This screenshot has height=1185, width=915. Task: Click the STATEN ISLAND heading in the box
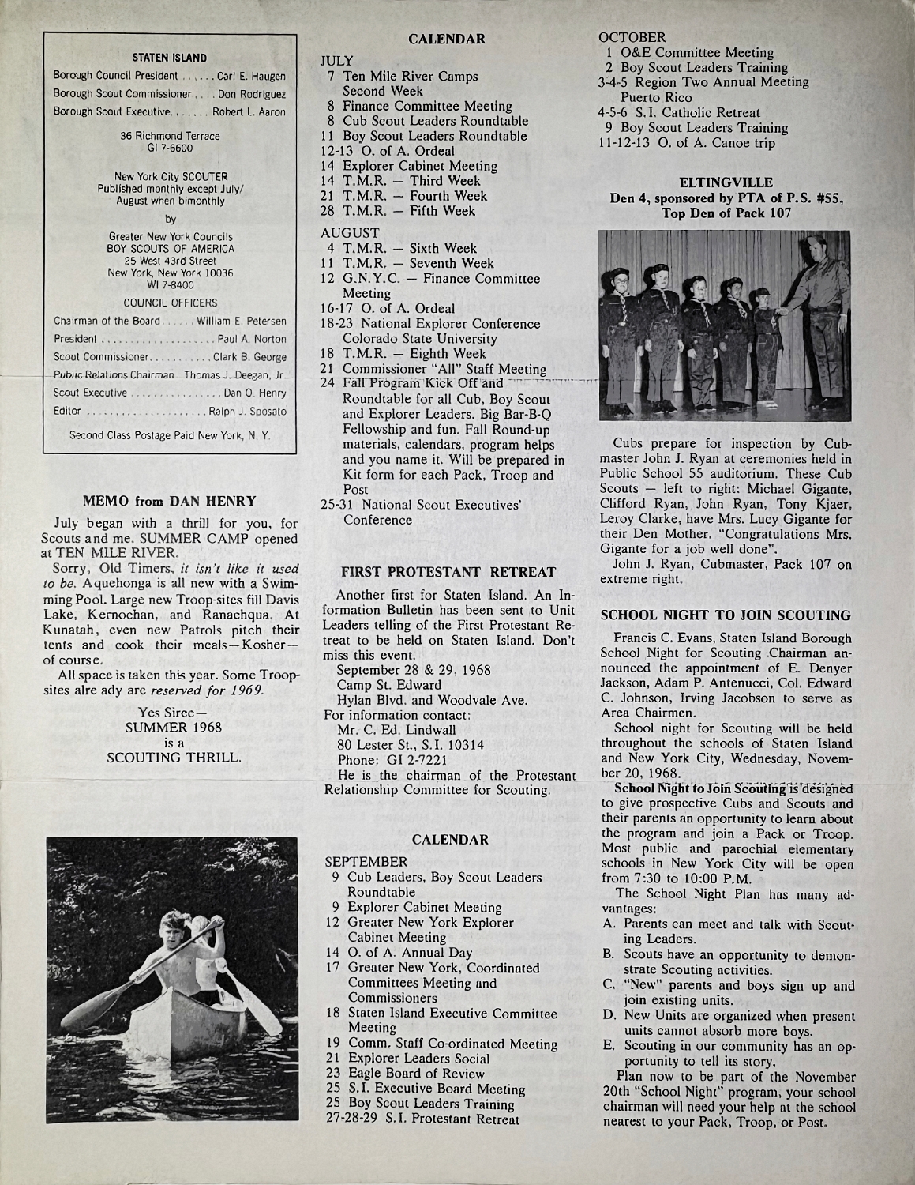pyautogui.click(x=169, y=58)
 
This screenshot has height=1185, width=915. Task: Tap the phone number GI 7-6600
pyautogui.click(x=170, y=148)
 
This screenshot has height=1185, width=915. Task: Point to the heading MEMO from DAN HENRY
pyautogui.click(x=170, y=500)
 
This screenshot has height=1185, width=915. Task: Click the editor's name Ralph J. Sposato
pyautogui.click(x=248, y=412)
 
